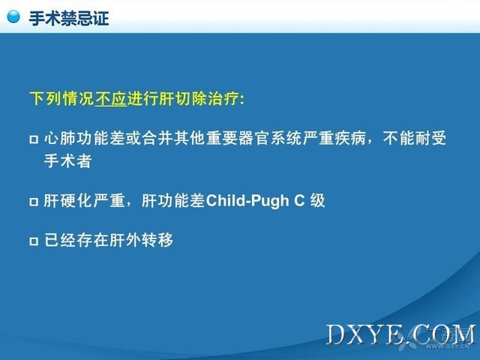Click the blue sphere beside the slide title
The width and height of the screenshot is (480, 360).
pyautogui.click(x=13, y=16)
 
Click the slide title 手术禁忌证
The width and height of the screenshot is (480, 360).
pyautogui.click(x=69, y=18)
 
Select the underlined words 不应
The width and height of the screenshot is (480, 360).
pyautogui.click(x=111, y=98)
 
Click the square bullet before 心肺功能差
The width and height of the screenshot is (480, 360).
pyautogui.click(x=34, y=139)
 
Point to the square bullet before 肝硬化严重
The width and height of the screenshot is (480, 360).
pyautogui.click(x=34, y=202)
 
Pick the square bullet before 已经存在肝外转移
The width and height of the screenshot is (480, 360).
pyautogui.click(x=34, y=241)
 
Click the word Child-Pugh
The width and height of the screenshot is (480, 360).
pyautogui.click(x=247, y=201)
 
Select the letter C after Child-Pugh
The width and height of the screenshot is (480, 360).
pyautogui.click(x=299, y=201)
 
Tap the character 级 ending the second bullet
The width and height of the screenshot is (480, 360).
pyautogui.click(x=317, y=201)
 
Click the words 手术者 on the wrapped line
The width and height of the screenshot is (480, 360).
pyautogui.click(x=67, y=160)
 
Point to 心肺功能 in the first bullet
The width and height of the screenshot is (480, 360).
pyautogui.click(x=76, y=138)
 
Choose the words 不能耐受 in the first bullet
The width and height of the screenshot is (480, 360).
pyautogui.click(x=414, y=138)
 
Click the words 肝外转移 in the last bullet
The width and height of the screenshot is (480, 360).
pyautogui.click(x=141, y=240)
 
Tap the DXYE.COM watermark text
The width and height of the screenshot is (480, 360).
pyautogui.click(x=401, y=334)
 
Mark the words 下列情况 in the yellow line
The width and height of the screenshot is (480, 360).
pyautogui.click(x=62, y=98)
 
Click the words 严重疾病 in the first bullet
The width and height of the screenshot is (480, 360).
pyautogui.click(x=334, y=138)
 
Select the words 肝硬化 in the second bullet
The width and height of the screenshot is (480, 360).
pyautogui.click(x=67, y=201)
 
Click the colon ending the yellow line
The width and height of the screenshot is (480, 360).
pyautogui.click(x=241, y=100)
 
